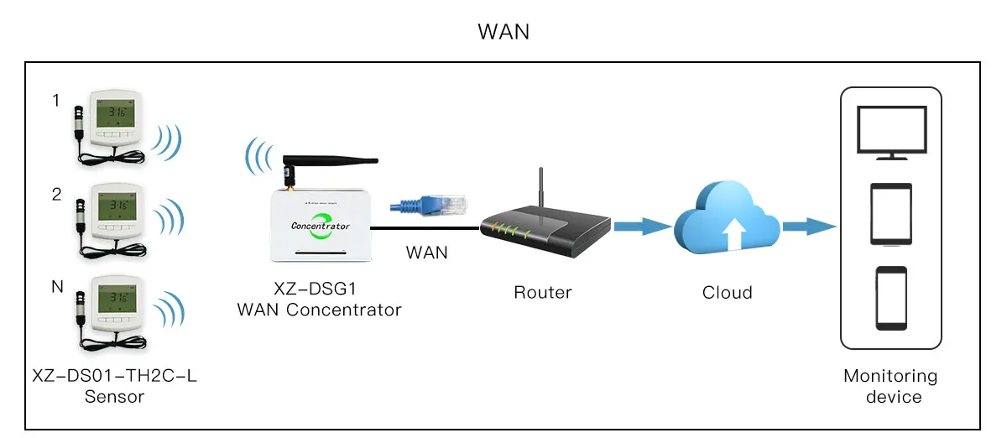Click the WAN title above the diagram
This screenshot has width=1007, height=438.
click(503, 32)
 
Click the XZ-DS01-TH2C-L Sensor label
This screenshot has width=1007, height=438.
click(115, 386)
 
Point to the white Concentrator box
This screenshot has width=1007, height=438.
click(320, 225)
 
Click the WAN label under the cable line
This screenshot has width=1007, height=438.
click(427, 252)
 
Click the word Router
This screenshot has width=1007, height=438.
click(543, 293)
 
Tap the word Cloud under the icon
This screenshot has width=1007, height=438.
click(727, 293)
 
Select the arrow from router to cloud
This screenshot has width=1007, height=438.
click(642, 226)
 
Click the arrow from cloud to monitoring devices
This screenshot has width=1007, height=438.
click(809, 226)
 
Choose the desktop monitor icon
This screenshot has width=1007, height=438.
click(890, 132)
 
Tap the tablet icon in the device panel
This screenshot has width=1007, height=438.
click(890, 215)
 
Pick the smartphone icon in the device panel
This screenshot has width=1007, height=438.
click(890, 299)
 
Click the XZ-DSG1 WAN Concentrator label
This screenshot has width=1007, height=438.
click(319, 300)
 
